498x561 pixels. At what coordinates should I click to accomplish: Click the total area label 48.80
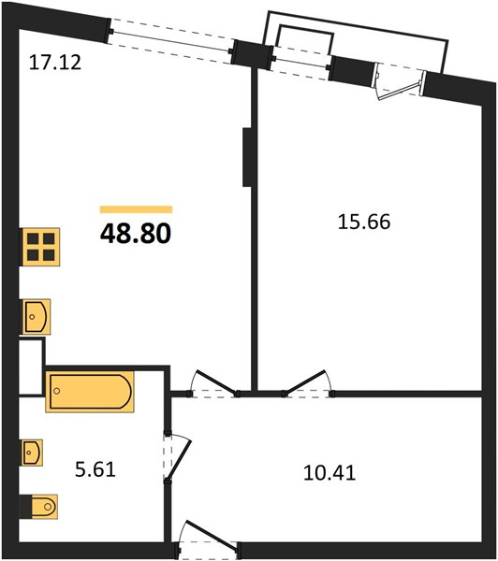[136, 234]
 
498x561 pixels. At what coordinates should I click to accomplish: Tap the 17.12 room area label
[55, 62]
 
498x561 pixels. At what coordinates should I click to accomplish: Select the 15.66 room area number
[364, 222]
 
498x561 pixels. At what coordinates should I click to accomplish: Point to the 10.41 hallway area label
[330, 472]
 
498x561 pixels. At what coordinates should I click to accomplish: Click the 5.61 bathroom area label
[95, 469]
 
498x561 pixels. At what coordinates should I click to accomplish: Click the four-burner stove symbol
[41, 247]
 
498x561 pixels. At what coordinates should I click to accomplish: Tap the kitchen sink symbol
[37, 317]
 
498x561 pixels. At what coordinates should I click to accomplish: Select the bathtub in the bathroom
[90, 392]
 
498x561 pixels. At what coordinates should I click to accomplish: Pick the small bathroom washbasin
[32, 453]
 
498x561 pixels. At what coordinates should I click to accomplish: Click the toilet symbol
[39, 506]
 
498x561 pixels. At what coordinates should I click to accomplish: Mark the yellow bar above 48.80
[136, 209]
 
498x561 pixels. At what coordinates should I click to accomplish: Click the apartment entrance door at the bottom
[207, 540]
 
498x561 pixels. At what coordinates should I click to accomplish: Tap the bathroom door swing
[176, 458]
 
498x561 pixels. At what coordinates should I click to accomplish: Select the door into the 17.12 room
[213, 384]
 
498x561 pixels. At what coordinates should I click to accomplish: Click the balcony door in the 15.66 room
[400, 83]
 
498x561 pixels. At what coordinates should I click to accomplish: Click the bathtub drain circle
[56, 391]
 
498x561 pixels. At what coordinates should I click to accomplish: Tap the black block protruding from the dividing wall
[247, 157]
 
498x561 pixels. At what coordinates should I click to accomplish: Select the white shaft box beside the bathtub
[31, 367]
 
